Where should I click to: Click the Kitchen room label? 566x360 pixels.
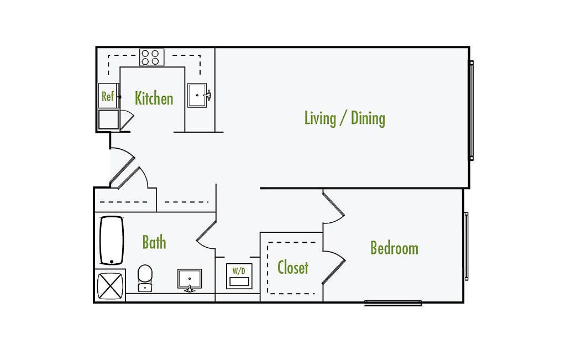coord(154,98)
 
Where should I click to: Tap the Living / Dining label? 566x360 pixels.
coord(344,118)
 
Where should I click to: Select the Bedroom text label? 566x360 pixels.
coord(394,248)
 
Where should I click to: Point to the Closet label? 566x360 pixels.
coord(292,268)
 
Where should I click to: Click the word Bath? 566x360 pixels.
coord(154,242)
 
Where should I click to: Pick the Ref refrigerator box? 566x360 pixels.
coord(108,96)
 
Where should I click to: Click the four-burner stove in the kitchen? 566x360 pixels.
coord(152,58)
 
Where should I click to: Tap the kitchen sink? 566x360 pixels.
coord(197,95)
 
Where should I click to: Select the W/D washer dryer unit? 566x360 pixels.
coord(239,276)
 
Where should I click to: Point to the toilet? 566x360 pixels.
coord(145,277)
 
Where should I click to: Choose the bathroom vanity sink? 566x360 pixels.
coord(190,279)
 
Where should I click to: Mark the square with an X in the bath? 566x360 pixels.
coord(110,286)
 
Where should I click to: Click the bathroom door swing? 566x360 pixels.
coord(206,234)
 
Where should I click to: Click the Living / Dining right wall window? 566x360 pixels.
coord(471,110)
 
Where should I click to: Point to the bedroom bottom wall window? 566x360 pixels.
coord(393,303)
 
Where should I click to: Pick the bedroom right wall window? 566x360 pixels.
coord(467,246)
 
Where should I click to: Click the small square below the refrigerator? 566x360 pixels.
coord(108,119)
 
